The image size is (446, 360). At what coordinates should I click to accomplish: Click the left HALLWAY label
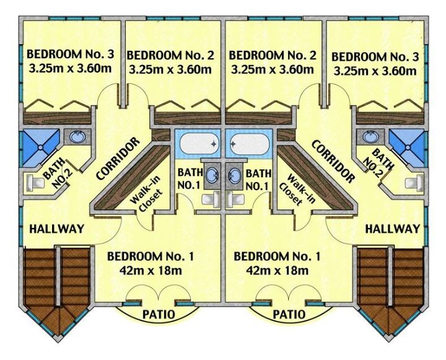[x=57, y=229]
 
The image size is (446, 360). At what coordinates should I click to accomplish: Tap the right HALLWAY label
[x=393, y=229]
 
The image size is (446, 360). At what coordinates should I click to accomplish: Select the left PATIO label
[x=159, y=315]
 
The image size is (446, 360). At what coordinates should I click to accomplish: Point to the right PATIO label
[x=289, y=315]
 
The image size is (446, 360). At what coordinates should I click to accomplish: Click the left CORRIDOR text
[x=118, y=159]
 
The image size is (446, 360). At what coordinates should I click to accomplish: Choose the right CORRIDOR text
[x=333, y=161]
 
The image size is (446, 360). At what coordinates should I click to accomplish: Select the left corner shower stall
[x=40, y=147]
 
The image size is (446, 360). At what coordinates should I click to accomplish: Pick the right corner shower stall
[x=408, y=147]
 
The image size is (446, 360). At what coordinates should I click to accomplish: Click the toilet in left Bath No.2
[x=35, y=182]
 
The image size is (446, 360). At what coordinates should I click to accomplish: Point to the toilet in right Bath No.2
[x=414, y=182]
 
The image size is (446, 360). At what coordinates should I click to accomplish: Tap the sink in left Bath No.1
[x=212, y=175]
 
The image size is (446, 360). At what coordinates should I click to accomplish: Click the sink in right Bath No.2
[x=370, y=136]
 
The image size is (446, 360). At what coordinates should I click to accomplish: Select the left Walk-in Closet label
[x=147, y=194]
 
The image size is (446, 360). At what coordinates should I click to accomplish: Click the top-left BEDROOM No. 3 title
[x=70, y=54]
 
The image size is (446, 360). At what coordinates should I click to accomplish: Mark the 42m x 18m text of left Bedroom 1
[x=151, y=270]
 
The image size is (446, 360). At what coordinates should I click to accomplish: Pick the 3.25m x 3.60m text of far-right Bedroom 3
[x=375, y=71]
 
